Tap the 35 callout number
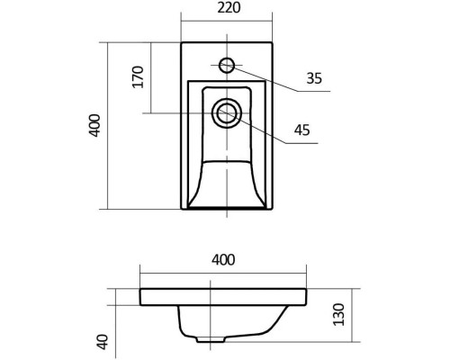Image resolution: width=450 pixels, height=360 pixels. coord(313,78)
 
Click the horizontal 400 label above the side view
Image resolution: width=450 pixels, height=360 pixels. coord(223,260)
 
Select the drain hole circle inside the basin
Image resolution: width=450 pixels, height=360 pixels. coord(225,113)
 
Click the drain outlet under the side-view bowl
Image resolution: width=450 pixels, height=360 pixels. coord(213,342)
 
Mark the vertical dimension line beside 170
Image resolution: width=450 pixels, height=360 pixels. coord(151,76)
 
